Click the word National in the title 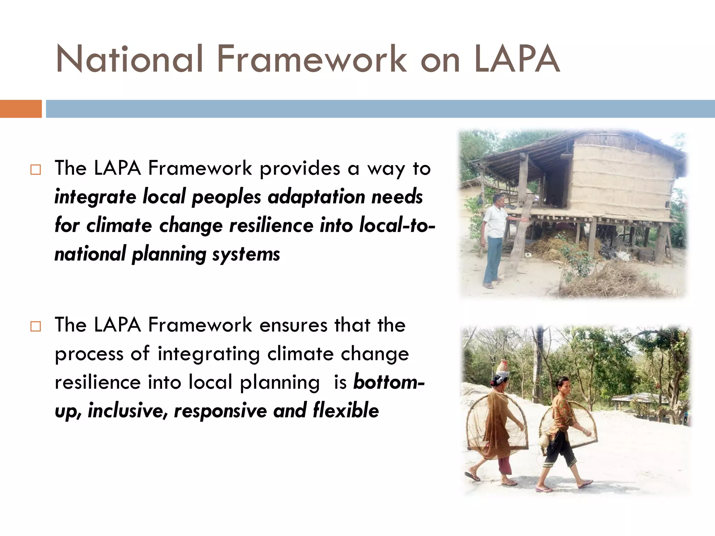coord(129,59)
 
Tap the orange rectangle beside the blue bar coord(21,109)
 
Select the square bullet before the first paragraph coord(36,170)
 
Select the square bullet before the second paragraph coord(36,327)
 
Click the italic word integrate coord(95,197)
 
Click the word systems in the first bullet coord(246,254)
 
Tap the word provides coord(300,169)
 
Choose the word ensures coord(293,325)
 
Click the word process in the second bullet coord(89,355)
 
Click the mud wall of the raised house coord(621,181)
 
